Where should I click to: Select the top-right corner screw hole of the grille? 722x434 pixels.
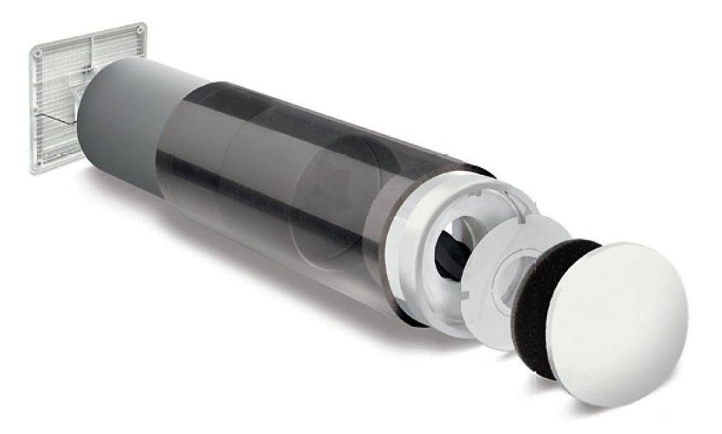pos(141,31)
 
